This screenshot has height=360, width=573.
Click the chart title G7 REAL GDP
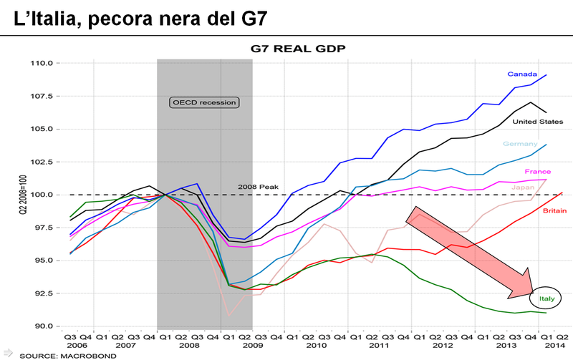286,49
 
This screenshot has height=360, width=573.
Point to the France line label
537,172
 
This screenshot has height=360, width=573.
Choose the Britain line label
536,212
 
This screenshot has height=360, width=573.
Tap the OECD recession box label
204,102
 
